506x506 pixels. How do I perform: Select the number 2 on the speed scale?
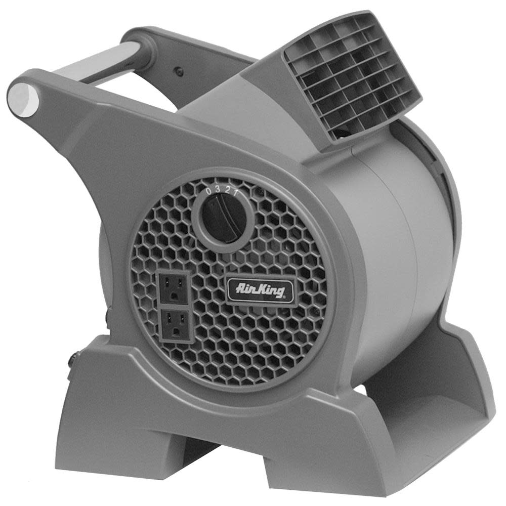click(227, 188)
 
